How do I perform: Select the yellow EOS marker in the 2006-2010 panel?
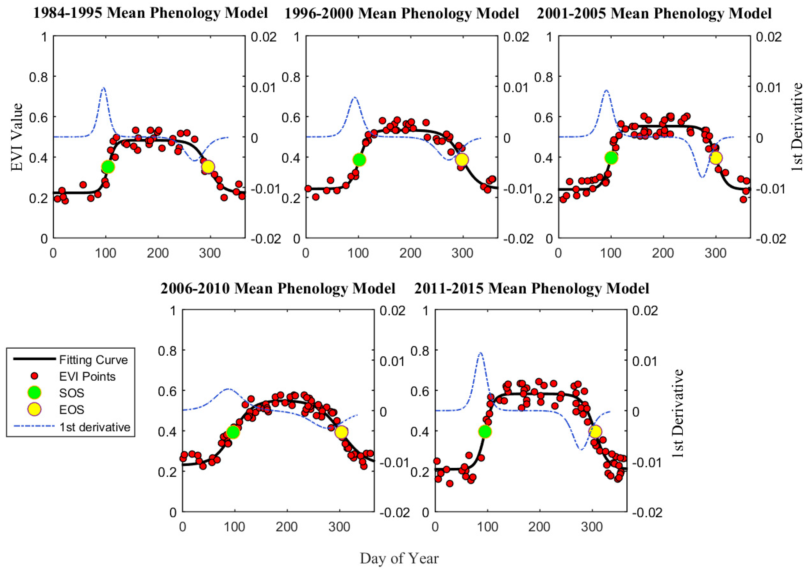pos(341,432)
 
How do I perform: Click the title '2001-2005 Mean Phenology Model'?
pos(654,13)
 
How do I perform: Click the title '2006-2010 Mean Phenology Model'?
pos(278,288)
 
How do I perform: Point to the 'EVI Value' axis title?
pos(17,137)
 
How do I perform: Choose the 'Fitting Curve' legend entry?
pos(93,360)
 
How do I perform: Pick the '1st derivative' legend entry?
pos(95,427)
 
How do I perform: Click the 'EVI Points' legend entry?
pos(87,376)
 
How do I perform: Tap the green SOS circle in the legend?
pos(34,393)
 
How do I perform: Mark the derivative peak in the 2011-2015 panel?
pos(480,353)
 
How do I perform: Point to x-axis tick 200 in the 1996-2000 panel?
pos(410,253)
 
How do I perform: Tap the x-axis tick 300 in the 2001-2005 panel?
pos(715,253)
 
